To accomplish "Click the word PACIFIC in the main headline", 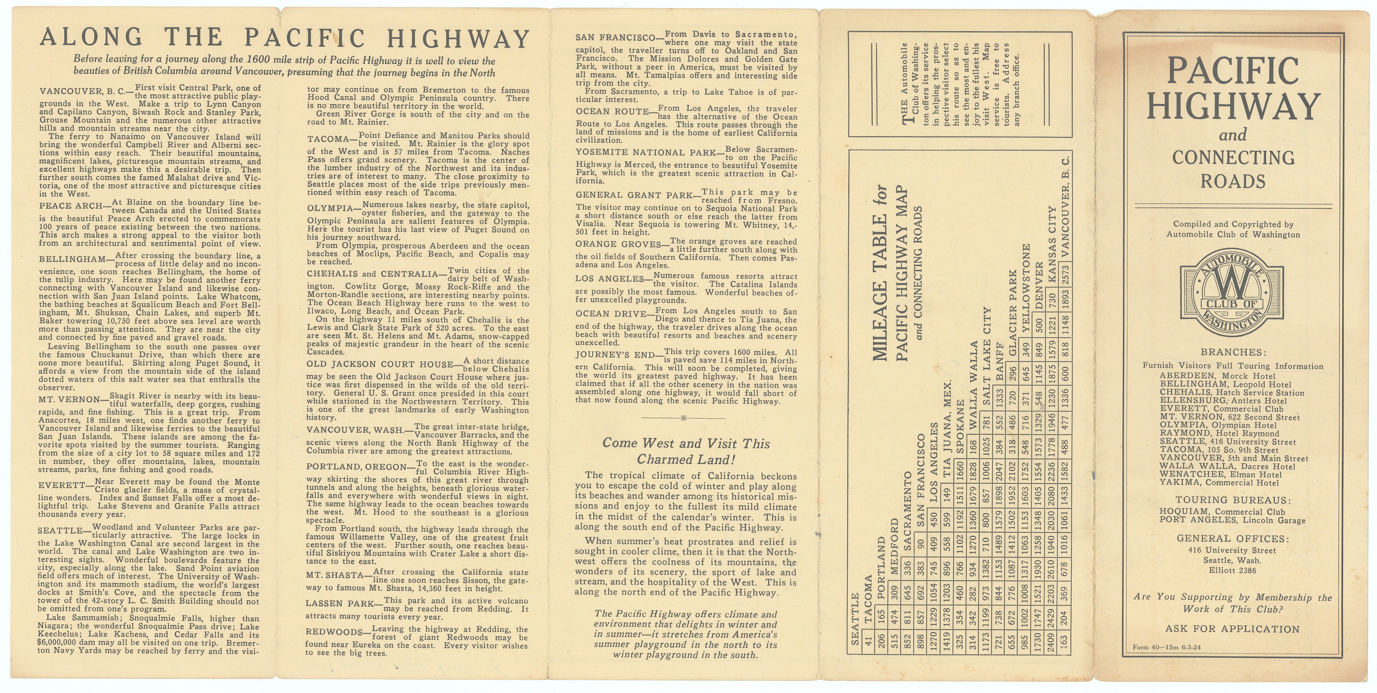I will coord(305,39).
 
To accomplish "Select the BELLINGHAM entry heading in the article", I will coord(73,259).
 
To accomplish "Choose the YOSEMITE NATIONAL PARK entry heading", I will coord(646,152).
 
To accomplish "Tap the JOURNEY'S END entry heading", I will coord(615,355).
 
